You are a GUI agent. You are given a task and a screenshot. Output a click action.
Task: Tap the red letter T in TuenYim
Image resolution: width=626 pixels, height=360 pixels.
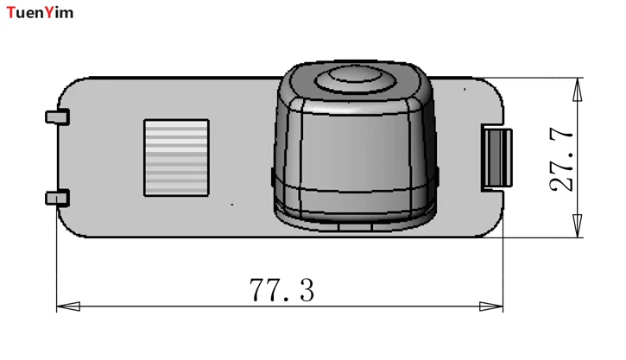pyautogui.click(x=10, y=12)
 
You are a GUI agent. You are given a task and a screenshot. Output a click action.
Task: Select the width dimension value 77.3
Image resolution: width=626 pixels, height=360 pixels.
pyautogui.click(x=282, y=291)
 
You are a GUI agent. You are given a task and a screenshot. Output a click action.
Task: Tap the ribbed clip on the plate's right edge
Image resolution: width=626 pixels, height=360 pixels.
pyautogui.click(x=496, y=158)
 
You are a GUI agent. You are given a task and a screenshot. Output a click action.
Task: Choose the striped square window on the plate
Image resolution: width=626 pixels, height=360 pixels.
pyautogui.click(x=176, y=156)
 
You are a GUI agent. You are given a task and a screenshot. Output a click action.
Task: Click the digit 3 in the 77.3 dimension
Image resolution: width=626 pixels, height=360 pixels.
pyautogui.click(x=304, y=291)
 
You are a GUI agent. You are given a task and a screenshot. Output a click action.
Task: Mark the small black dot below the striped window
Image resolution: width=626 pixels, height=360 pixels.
pyautogui.click(x=232, y=205)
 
